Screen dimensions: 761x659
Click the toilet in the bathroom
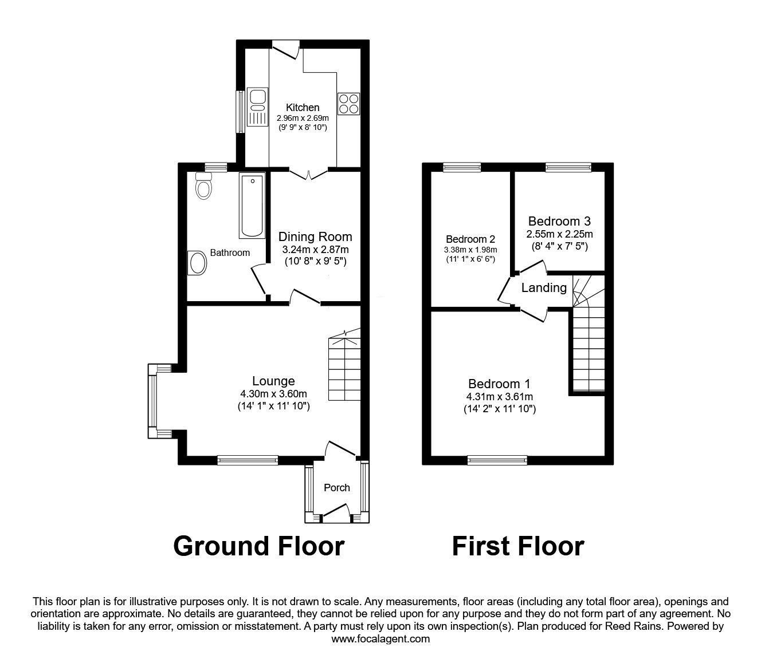(203, 186)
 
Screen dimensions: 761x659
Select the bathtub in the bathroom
(252, 206)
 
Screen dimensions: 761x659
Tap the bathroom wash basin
(197, 263)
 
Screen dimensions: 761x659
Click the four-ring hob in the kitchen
(348, 104)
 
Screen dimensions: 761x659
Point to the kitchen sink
(257, 106)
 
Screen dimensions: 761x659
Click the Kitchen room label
(303, 108)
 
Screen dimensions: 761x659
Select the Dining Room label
(315, 236)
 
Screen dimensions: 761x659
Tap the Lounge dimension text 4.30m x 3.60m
(273, 394)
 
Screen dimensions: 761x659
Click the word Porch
(337, 488)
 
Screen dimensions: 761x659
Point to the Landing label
(544, 287)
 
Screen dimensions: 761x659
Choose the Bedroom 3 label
(559, 221)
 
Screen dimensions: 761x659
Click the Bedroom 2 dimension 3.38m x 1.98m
(470, 250)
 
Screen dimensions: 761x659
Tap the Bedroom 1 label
(499, 384)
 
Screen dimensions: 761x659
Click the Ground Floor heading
(259, 546)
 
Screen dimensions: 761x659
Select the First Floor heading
(518, 546)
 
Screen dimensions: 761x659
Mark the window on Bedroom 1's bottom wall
(497, 460)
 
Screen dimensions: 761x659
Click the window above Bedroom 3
(568, 167)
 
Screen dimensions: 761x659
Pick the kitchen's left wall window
(241, 112)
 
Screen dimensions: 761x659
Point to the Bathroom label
(230, 253)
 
